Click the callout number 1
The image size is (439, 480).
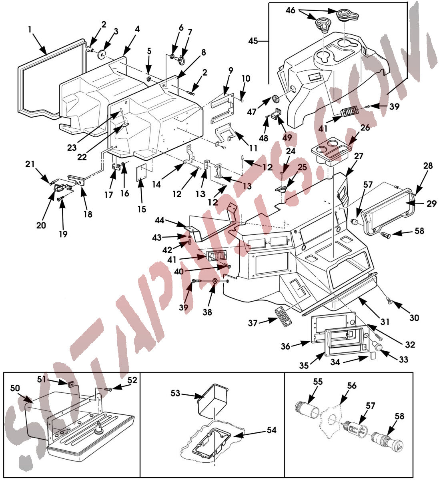click(x=30, y=29)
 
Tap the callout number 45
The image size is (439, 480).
click(x=253, y=41)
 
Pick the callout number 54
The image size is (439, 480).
click(x=272, y=430)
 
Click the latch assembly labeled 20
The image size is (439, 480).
click(x=61, y=187)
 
